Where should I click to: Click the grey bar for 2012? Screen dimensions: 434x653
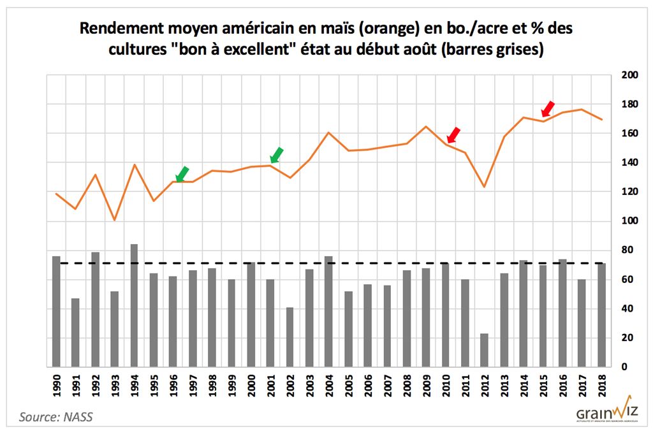(x=484, y=350)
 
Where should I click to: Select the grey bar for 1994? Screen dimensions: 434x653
(x=134, y=305)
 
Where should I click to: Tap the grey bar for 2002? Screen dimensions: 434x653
(x=290, y=337)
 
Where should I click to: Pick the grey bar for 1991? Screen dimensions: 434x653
(x=75, y=332)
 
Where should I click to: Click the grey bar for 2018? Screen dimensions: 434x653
(x=601, y=315)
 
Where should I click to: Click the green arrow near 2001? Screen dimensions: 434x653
(x=276, y=155)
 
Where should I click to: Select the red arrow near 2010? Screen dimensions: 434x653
(x=453, y=134)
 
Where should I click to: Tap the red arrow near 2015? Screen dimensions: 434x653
(x=548, y=109)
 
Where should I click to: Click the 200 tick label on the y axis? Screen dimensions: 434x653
(x=629, y=75)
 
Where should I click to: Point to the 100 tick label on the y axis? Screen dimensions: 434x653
(x=629, y=221)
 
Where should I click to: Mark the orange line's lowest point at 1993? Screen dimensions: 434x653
(x=115, y=221)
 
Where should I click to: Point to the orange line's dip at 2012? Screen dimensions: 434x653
(x=484, y=187)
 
